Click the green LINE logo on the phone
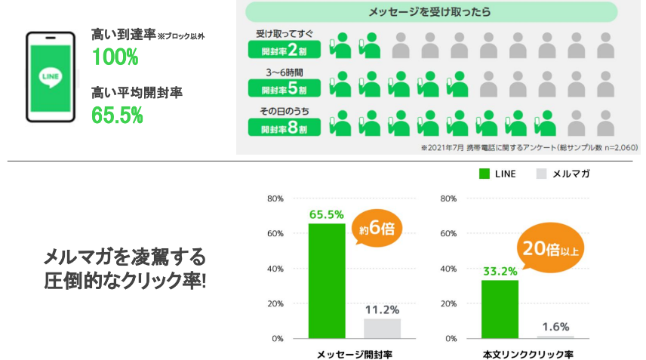[51, 77]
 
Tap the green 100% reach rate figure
[115, 57]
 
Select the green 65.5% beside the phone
[117, 115]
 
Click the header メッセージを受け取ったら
[429, 12]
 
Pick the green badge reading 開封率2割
[285, 51]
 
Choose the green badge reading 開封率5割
[285, 88]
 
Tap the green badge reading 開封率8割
[285, 128]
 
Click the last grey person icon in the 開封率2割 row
[605, 45]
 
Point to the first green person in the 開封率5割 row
[340, 85]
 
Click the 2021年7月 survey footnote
[530, 147]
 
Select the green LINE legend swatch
[484, 174]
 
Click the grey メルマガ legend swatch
[541, 174]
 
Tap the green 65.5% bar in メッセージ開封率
[327, 281]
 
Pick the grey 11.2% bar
[382, 329]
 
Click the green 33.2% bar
[500, 309]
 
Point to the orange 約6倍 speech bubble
[376, 228]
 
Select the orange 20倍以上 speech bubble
[550, 248]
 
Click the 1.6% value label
[555, 327]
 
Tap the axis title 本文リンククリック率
[528, 354]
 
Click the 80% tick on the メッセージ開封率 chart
[275, 198]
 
